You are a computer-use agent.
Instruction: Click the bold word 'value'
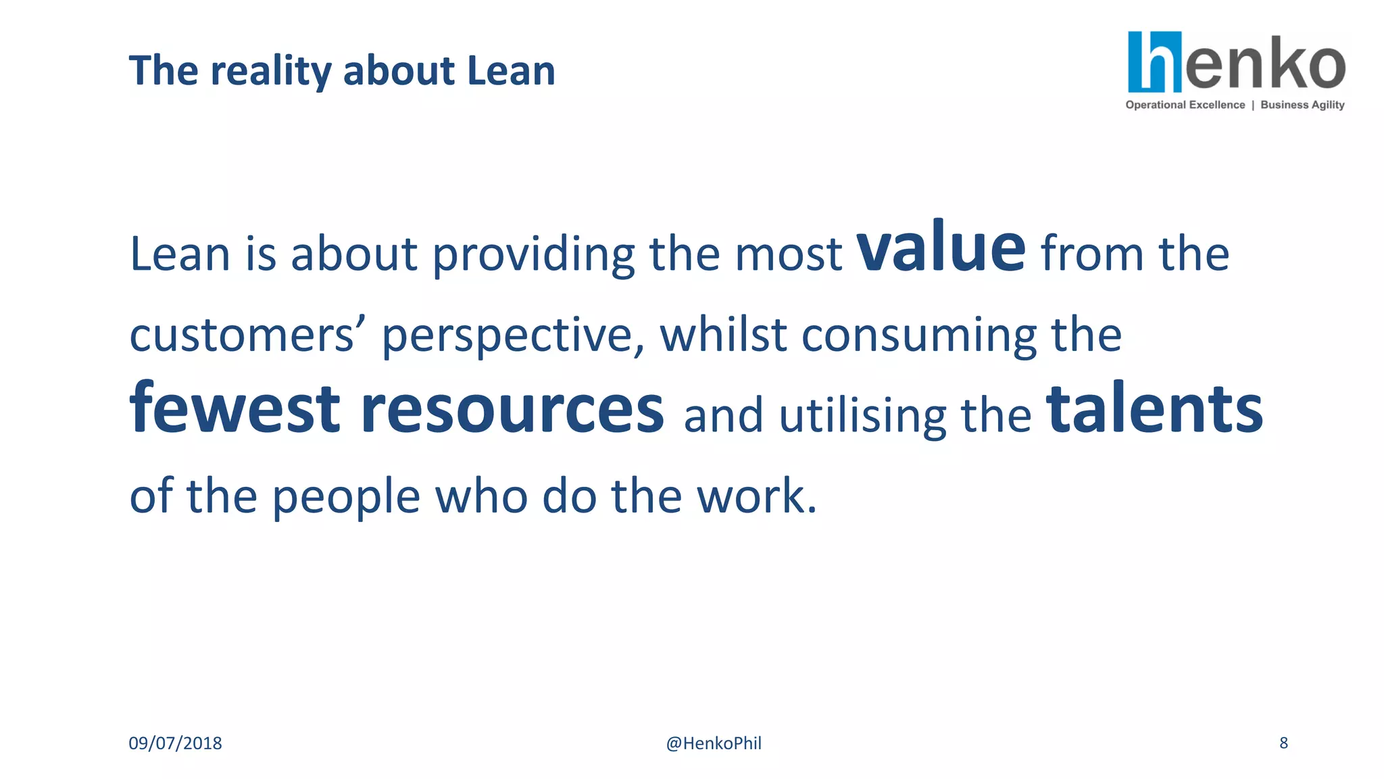click(941, 249)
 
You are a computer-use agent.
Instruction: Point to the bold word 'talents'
click(1154, 409)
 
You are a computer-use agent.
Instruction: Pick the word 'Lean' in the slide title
click(511, 70)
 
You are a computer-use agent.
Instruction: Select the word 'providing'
click(533, 256)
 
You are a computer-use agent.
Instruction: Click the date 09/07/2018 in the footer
click(175, 743)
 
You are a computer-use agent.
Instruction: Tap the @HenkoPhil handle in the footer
click(714, 743)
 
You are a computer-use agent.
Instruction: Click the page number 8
click(1283, 742)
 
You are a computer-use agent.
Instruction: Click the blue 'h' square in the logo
click(1154, 62)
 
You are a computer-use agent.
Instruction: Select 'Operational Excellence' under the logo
click(1185, 105)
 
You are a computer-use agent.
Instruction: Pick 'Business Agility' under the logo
click(1302, 105)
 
